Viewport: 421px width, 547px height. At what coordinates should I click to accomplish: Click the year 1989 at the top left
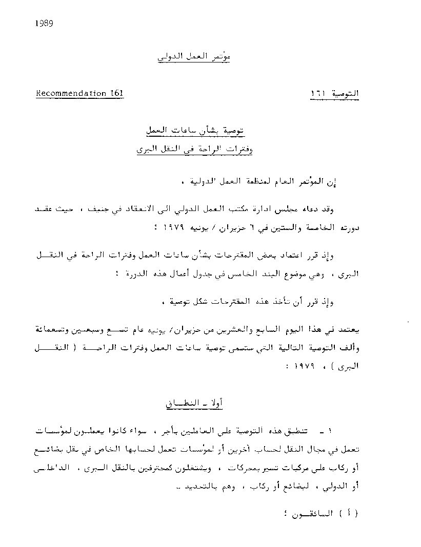click(45, 23)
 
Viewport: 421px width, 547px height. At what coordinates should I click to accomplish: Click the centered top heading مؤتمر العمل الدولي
click(194, 58)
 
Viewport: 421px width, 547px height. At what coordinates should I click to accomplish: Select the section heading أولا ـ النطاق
click(193, 403)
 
